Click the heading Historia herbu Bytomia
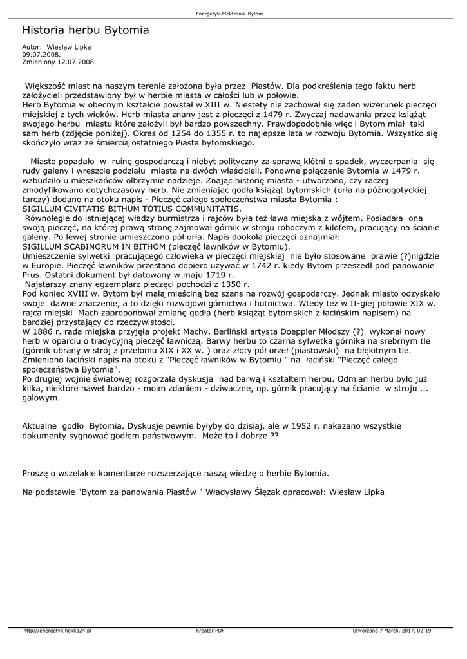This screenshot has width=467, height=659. (x=86, y=30)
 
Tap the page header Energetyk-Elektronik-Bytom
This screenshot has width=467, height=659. (x=233, y=14)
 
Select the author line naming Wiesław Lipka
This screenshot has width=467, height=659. (x=57, y=47)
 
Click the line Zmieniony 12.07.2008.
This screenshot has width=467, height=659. (x=59, y=62)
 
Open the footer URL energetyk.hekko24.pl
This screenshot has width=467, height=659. (x=57, y=631)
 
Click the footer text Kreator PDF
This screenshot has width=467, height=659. (x=210, y=631)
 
